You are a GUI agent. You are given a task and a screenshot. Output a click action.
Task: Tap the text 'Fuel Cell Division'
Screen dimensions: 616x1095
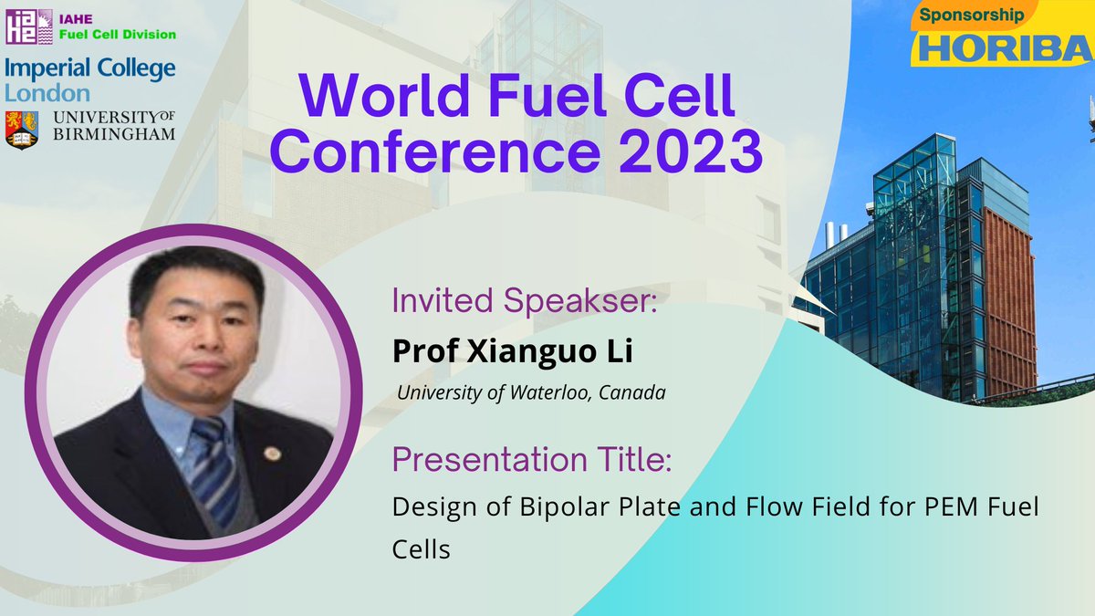[116, 35]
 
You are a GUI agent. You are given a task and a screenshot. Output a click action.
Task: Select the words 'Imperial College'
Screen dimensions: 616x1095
[90, 69]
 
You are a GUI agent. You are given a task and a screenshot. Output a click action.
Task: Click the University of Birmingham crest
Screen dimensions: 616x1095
[23, 129]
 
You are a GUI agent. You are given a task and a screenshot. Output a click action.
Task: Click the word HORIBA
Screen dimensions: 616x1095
[1005, 47]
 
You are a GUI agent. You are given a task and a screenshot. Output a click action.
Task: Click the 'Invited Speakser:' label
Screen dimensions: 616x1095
[525, 301]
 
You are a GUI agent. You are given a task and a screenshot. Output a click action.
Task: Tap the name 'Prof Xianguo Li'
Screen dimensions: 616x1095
[512, 350]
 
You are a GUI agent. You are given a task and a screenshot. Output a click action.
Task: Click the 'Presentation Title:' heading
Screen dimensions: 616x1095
[532, 460]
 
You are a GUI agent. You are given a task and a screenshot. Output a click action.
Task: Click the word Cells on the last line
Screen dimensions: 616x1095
[422, 550]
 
